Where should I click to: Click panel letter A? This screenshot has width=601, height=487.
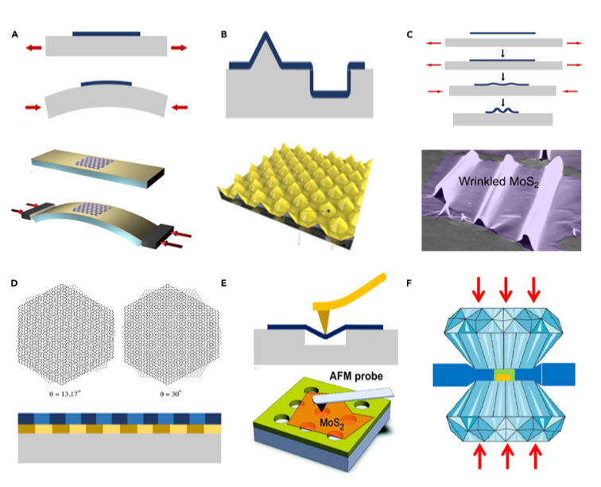pos(14,34)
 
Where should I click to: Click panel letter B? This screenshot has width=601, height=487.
pos(224,34)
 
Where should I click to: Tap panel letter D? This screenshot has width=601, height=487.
pos(14,282)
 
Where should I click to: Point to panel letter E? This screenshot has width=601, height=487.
pos(224,282)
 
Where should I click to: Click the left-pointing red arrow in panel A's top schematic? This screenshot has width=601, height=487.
pos(33,48)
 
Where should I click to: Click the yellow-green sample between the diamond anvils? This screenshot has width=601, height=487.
pos(504,374)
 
